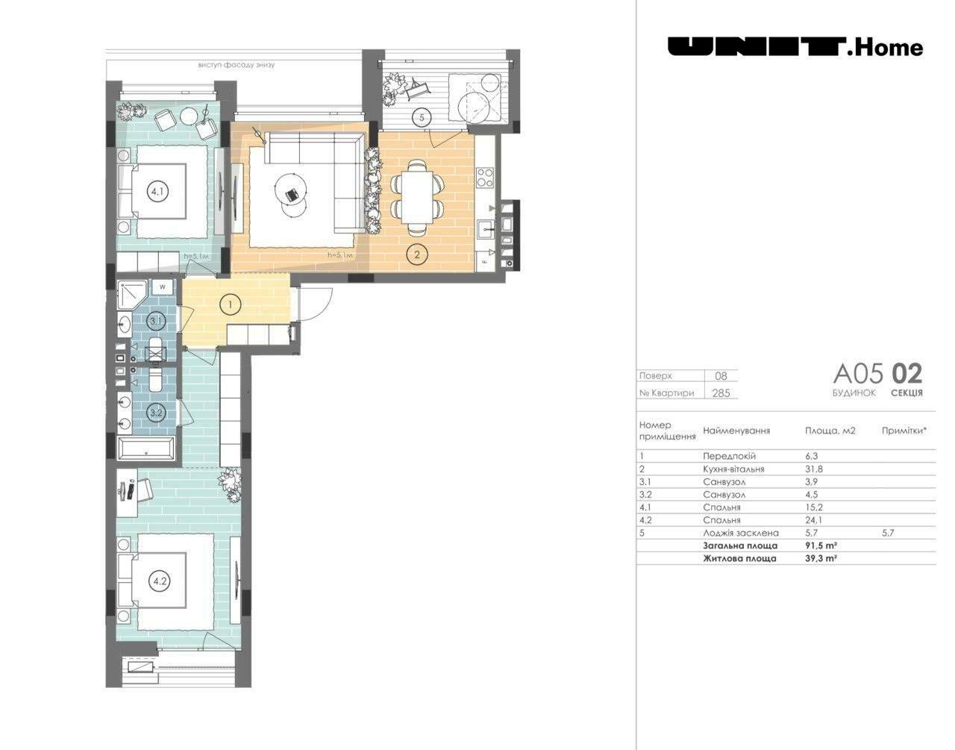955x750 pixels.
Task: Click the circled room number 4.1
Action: pos(157,192)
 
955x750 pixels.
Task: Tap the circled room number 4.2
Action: pos(160,581)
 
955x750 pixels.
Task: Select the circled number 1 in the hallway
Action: pos(231,304)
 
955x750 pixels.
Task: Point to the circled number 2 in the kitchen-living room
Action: pos(417,254)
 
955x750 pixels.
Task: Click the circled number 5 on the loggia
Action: pos(422,117)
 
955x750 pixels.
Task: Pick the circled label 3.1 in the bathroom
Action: pos(157,321)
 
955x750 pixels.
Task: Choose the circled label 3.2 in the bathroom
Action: pos(157,413)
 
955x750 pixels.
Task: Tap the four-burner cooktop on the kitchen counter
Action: pos(485,178)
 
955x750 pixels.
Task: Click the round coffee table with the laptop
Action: pos(290,190)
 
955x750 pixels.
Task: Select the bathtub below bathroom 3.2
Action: pos(146,449)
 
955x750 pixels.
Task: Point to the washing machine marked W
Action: pos(163,287)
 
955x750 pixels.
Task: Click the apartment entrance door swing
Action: pos(316,303)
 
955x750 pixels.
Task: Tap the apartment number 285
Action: pos(721,393)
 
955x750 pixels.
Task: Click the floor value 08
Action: pos(721,375)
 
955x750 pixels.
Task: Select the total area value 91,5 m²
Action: pos(821,546)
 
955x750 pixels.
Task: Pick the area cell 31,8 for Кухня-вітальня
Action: pos(814,469)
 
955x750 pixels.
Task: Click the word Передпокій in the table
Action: pos(730,456)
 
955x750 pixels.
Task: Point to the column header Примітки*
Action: pos(904,431)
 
